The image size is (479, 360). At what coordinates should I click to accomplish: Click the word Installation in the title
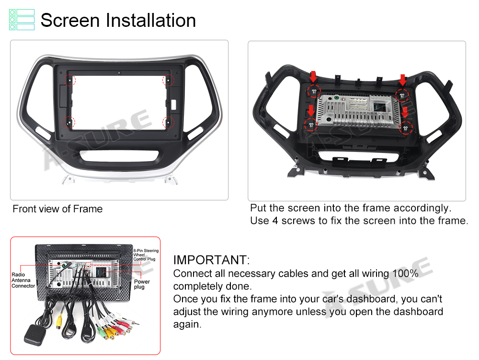click(x=150, y=21)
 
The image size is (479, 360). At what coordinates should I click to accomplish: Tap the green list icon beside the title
click(x=22, y=20)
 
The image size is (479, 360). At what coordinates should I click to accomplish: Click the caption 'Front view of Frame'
click(x=57, y=209)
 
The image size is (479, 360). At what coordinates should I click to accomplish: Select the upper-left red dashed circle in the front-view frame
click(x=69, y=80)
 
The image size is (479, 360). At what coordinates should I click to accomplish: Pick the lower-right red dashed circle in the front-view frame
click(x=168, y=123)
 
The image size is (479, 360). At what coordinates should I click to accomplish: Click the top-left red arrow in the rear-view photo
click(x=313, y=76)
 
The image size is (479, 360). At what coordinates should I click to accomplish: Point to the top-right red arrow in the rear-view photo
click(x=403, y=80)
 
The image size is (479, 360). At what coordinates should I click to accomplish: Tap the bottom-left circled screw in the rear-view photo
click(x=311, y=125)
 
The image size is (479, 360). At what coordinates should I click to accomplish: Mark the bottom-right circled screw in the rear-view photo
click(x=406, y=128)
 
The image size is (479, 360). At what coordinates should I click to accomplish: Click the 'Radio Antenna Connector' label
click(x=23, y=280)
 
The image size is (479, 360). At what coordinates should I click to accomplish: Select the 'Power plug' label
click(x=142, y=284)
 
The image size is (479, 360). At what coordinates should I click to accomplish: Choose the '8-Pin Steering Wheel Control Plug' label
click(x=146, y=255)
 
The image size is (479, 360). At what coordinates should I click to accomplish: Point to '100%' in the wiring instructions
click(x=405, y=273)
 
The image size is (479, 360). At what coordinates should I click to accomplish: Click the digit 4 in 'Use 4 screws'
click(x=275, y=221)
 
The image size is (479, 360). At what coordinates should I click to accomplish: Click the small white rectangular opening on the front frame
click(x=173, y=105)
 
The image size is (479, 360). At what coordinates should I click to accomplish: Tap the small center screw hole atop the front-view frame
click(x=119, y=73)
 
